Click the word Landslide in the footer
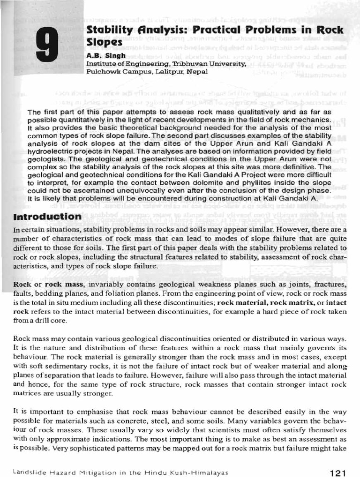[30, 472]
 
